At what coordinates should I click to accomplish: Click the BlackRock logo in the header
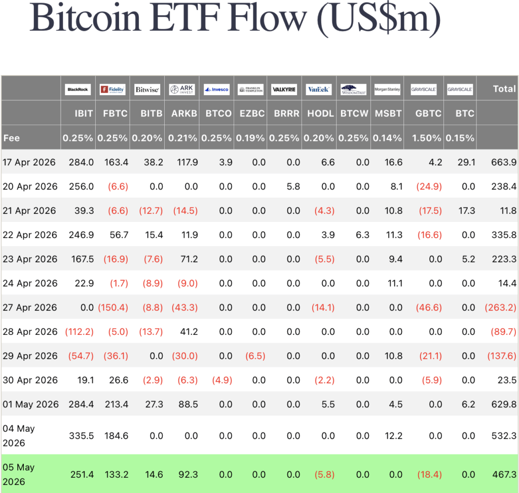point(78,89)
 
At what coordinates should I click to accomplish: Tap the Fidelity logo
point(113,89)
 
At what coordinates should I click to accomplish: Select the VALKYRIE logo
point(284,89)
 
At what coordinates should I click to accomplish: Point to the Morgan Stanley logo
point(387,89)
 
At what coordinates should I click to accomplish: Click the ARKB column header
point(184,113)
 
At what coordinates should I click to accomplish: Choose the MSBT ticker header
point(388,113)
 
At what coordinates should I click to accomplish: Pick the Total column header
point(504,89)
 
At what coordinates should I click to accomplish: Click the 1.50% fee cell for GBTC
point(426,138)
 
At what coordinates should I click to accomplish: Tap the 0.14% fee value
point(387,138)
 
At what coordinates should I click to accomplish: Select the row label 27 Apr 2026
point(30,308)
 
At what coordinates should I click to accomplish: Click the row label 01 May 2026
point(30,404)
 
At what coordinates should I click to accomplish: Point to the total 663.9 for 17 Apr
point(504,162)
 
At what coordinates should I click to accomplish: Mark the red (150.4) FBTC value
point(113,308)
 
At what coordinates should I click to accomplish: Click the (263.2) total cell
point(500,308)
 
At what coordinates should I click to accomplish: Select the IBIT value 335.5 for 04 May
point(82,436)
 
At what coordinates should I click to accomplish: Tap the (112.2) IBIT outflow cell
point(80,331)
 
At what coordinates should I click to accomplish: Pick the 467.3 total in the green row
point(504,474)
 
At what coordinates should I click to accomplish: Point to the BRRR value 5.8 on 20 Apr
point(293,186)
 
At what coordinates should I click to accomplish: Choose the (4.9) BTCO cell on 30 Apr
point(222,380)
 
